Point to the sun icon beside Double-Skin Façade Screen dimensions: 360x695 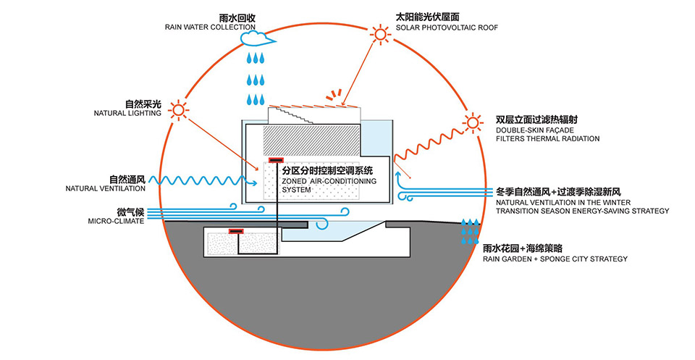coord(473,122)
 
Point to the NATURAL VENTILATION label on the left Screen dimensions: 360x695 coord(105,188)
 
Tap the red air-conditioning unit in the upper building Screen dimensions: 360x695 coord(276,160)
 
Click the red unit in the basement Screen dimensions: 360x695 coord(235,232)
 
